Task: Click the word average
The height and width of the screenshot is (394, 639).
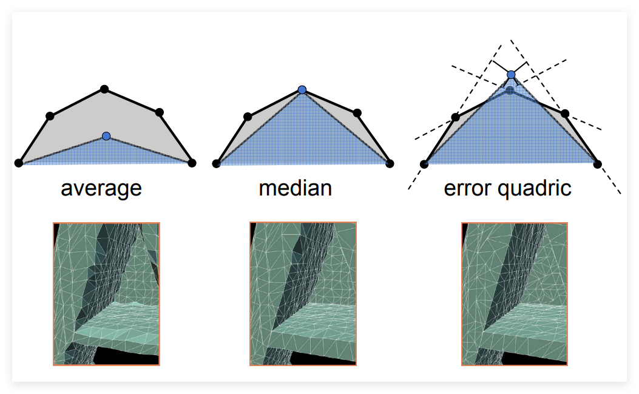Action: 101,189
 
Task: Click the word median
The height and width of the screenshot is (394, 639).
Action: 296,188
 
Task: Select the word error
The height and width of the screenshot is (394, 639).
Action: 467,189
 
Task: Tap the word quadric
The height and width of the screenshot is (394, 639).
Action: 535,189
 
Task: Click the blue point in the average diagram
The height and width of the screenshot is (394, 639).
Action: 106,136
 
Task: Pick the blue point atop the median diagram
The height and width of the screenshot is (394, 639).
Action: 302,90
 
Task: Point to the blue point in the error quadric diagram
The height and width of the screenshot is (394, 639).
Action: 511,75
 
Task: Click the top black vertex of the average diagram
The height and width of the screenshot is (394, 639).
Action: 104,89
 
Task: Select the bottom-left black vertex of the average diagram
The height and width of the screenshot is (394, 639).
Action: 18,163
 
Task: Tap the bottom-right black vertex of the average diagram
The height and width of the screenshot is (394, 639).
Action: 192,163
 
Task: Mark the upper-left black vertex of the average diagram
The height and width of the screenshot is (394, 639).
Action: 50,116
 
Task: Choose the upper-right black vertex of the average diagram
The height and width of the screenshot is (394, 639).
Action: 160,112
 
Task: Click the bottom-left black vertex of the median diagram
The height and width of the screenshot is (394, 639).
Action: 217,163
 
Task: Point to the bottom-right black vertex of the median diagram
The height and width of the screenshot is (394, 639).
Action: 390,163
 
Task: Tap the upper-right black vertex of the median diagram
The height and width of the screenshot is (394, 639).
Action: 357,113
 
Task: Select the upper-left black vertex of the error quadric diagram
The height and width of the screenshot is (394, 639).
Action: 456,117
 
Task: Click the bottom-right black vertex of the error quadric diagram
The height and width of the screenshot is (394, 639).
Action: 598,165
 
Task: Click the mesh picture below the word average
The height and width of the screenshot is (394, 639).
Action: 106,294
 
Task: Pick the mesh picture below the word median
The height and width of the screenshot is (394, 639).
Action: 303,294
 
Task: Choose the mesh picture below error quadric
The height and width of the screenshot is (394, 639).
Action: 515,294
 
